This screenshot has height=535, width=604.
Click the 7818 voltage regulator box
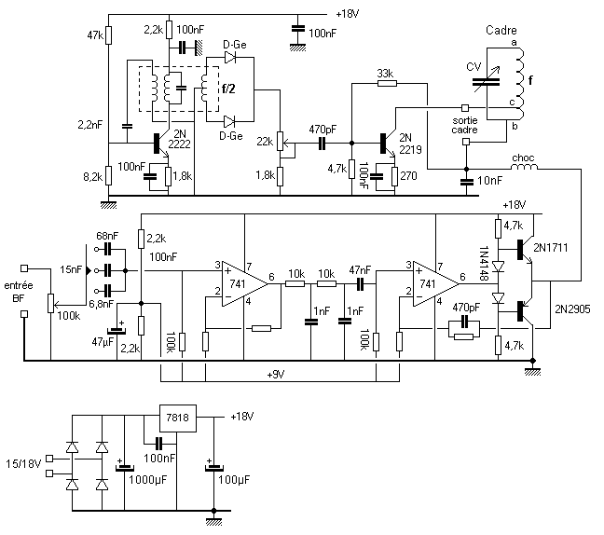coord(178,418)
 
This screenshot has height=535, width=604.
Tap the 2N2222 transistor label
coord(180,139)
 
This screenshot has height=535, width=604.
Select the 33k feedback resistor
coord(387,82)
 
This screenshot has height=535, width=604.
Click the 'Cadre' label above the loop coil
coord(501,30)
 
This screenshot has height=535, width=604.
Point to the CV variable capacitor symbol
coord(487,82)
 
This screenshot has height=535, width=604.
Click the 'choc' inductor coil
coord(524,167)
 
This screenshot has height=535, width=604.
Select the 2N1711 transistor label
coord(551,247)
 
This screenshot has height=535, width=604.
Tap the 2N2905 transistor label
coord(572,309)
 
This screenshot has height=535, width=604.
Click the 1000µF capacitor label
coord(147,480)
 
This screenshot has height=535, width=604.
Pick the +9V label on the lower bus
coord(276,375)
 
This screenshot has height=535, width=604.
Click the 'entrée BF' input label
coord(19,292)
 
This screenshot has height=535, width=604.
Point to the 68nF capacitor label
coord(107,236)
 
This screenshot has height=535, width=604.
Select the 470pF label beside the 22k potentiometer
coord(323,130)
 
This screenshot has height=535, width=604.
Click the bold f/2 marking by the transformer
coord(228,89)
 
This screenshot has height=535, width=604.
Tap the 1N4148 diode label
coord(484,263)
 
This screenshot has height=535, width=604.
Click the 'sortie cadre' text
coord(464,125)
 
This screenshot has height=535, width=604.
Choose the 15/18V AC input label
coord(23,464)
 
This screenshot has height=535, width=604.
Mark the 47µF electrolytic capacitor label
coord(103,342)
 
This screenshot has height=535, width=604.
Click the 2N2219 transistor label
coord(410,144)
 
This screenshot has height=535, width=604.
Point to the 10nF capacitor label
coord(489,180)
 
